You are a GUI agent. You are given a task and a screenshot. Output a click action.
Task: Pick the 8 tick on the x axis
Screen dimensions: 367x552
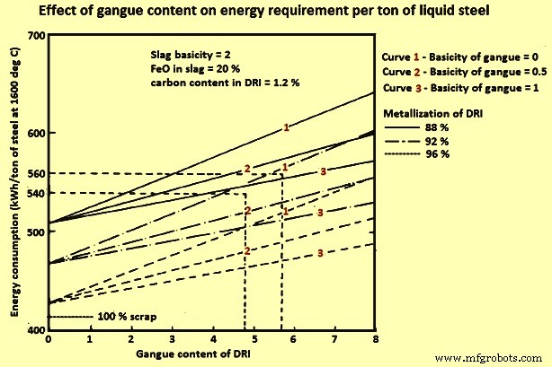tap(374, 341)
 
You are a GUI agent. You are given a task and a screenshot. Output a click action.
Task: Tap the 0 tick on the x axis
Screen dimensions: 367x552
tap(48, 341)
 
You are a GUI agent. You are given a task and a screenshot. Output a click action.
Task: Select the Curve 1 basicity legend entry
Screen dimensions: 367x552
tap(461, 56)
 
